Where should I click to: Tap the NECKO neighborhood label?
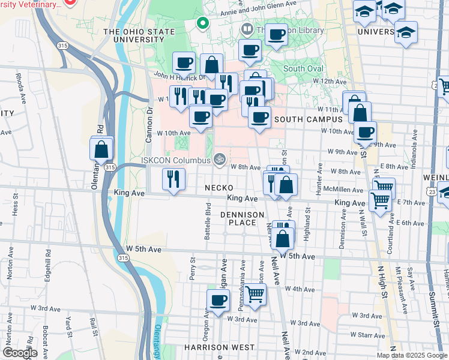218,188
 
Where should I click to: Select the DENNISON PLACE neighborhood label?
242,218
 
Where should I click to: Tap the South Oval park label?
303,68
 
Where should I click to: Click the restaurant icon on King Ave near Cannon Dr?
173,179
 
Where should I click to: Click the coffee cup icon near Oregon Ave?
218,301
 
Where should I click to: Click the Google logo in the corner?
20,353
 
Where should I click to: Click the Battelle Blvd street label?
208,221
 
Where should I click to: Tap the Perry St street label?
193,267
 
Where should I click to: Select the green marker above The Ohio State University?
203,25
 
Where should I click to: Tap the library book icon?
247,29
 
